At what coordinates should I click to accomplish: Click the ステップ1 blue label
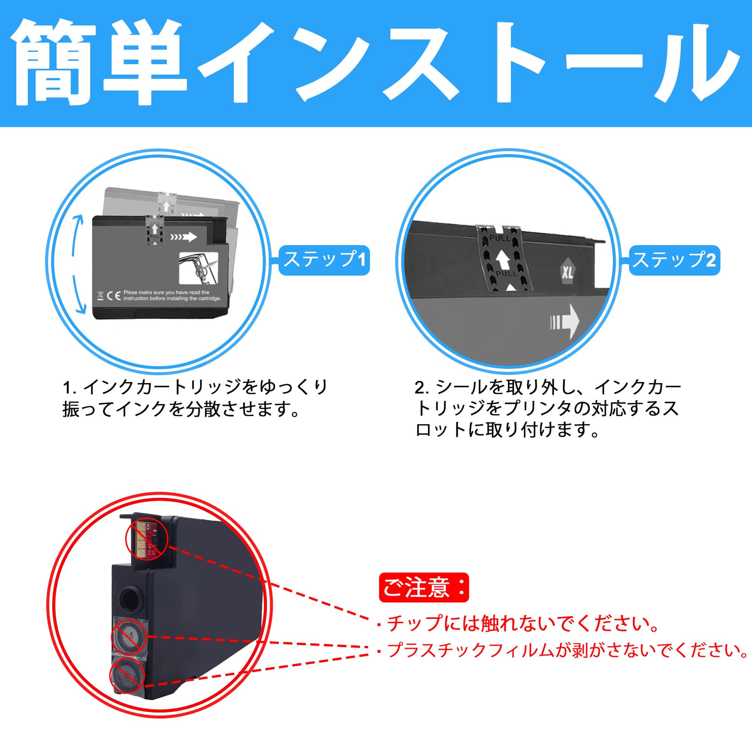coord(324,260)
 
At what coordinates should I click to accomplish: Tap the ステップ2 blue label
coord(675,260)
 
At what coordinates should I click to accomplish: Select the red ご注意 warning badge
coord(423,588)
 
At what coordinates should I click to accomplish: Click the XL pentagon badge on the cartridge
coord(567,272)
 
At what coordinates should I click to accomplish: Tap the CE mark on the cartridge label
coord(114,296)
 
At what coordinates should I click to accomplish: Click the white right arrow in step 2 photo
coord(566,321)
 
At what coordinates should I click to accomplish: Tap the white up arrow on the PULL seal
coord(502,259)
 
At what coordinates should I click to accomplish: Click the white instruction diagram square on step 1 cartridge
coord(198,268)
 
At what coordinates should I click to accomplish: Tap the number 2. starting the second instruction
coord(421,388)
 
